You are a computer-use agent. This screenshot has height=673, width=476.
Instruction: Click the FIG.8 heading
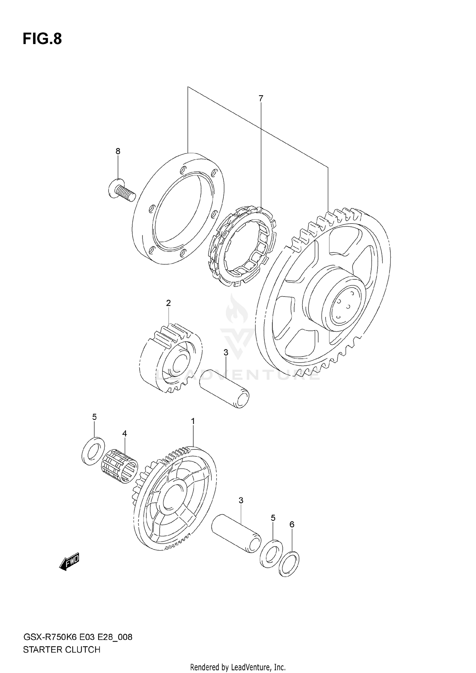tap(42, 39)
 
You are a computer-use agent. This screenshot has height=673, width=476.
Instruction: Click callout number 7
tap(261, 99)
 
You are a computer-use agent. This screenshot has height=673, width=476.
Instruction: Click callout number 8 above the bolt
tap(118, 151)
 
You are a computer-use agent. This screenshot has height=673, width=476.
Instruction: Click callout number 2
tap(169, 303)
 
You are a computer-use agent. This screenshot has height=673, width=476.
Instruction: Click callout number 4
tap(124, 433)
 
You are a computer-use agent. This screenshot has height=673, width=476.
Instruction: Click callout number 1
tap(193, 421)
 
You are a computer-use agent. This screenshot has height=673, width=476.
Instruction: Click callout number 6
tap(292, 525)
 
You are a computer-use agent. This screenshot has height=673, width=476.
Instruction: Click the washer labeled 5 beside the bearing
tap(93, 451)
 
